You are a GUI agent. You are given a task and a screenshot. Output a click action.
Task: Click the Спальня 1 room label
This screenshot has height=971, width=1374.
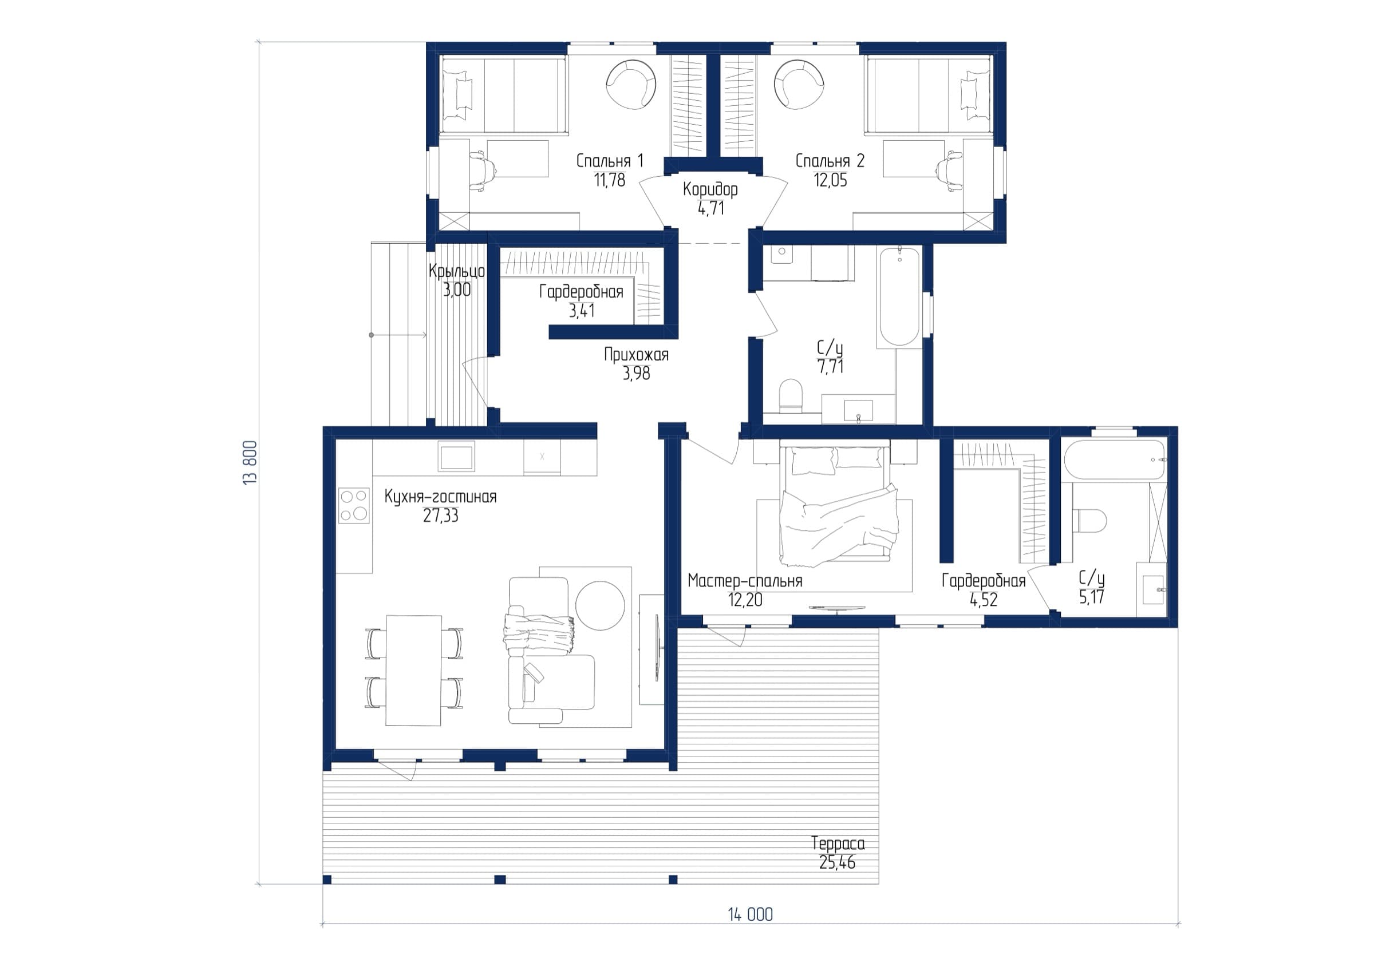[610, 161]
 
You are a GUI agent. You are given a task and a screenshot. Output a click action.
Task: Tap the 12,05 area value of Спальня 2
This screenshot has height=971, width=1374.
[830, 180]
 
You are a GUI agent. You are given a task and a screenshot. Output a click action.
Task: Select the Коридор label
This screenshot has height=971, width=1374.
[710, 189]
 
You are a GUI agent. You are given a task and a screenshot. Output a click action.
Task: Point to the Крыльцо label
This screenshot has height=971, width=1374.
[457, 271]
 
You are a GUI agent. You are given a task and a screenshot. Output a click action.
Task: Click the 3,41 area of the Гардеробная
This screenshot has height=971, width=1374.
[582, 311]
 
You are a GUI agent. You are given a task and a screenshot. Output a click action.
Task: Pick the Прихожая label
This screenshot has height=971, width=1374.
[636, 355]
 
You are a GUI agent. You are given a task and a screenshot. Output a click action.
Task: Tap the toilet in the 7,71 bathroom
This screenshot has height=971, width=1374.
[791, 395]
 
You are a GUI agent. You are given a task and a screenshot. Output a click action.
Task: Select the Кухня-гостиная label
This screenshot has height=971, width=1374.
[440, 497]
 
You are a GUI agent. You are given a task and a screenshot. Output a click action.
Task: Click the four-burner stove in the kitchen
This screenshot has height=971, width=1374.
[354, 506]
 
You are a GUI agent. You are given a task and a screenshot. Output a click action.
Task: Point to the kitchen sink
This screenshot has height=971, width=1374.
[456, 457]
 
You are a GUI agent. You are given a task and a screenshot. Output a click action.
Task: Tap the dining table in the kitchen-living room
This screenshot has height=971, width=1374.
[413, 670]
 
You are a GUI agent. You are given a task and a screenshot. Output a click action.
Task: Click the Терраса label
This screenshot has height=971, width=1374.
[838, 844]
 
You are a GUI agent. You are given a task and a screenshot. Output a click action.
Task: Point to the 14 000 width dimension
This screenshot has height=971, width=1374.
[751, 915]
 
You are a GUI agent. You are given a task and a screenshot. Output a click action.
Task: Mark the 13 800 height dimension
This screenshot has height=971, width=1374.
[251, 462]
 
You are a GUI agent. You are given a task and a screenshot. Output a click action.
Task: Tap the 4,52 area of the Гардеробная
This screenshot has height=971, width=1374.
[984, 600]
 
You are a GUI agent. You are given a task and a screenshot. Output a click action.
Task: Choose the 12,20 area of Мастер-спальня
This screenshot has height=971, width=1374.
[745, 600]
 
